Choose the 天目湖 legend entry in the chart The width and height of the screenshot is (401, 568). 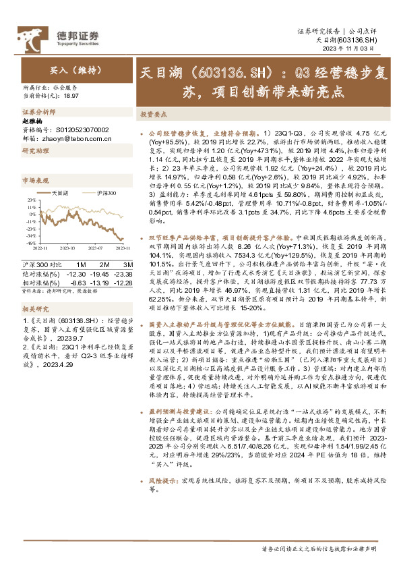click(x=59, y=193)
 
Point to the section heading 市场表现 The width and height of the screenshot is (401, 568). click(x=36, y=181)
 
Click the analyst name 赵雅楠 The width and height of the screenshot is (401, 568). click(x=32, y=121)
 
